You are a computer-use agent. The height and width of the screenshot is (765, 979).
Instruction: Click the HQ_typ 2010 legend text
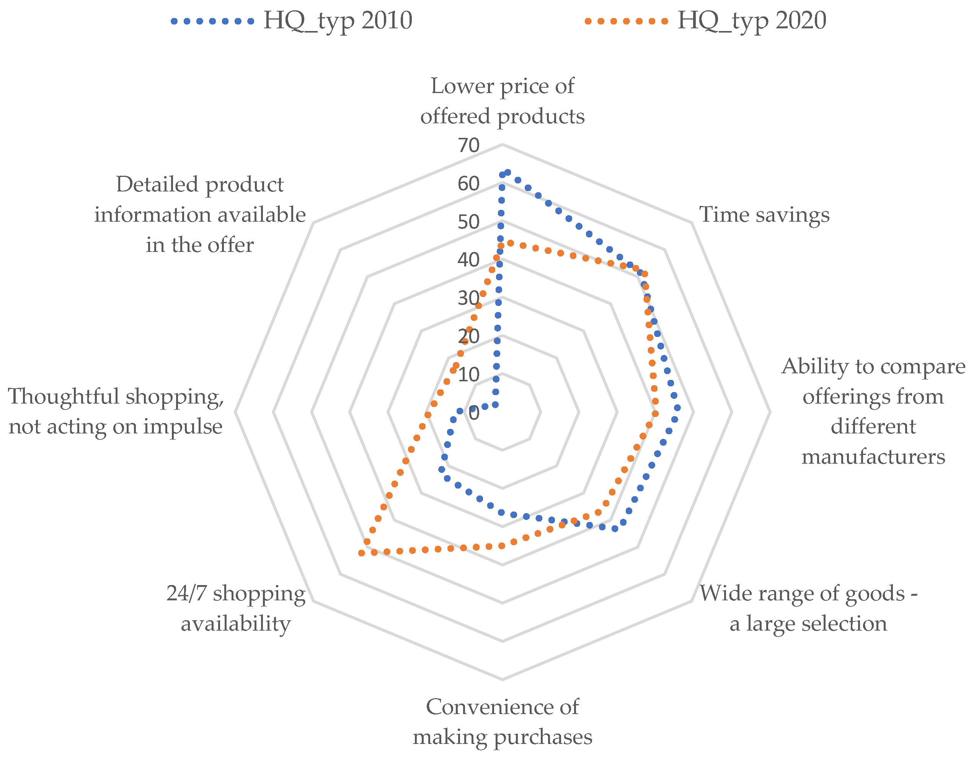337,21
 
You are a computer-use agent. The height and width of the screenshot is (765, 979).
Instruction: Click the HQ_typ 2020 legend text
751,21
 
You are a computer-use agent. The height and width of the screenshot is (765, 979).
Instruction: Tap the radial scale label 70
468,145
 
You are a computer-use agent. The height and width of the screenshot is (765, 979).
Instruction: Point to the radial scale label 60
468,184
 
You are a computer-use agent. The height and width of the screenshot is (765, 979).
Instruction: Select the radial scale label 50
468,222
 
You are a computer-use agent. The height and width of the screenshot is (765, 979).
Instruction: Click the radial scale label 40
468,260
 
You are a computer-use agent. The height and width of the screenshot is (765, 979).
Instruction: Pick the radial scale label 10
468,375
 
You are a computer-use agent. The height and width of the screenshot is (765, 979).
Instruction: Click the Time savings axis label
764,215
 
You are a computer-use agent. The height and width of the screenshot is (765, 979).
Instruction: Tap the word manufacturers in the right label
873,457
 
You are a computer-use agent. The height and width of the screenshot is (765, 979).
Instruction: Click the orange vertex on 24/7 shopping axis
361,553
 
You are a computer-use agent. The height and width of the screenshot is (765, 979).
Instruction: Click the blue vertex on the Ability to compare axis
677,408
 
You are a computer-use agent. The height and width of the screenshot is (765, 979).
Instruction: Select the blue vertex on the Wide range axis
615,529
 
